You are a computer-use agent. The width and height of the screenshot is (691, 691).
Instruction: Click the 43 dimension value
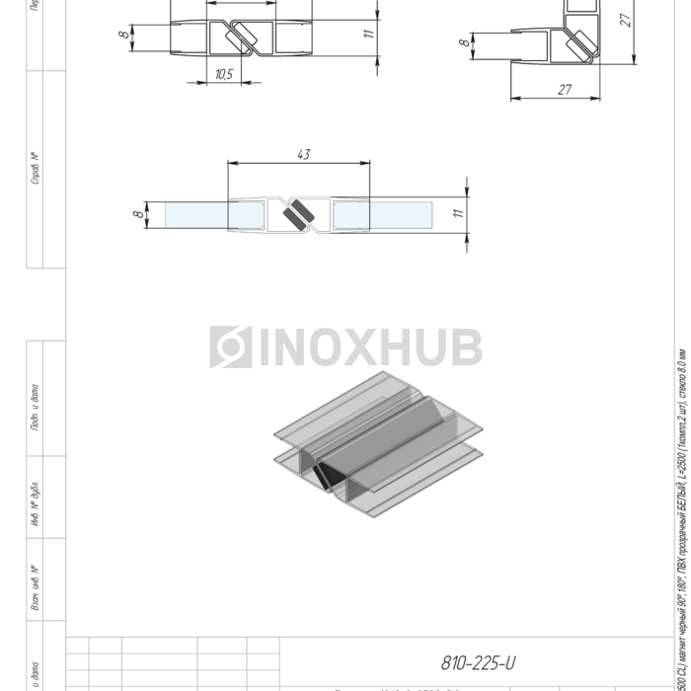point(303,154)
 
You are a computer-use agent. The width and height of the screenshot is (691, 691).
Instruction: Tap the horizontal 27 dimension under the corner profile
point(564,89)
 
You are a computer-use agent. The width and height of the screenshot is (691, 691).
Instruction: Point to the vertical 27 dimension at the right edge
point(626,20)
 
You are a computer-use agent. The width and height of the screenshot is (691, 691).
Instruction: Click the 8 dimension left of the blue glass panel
point(136,211)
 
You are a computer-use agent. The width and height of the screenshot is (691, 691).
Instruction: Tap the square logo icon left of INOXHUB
point(229,346)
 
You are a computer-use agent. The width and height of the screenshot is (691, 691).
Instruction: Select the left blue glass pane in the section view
point(197,213)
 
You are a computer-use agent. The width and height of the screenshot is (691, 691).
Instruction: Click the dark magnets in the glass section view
point(295,214)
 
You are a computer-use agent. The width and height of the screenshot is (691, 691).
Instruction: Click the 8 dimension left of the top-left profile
point(123,36)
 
